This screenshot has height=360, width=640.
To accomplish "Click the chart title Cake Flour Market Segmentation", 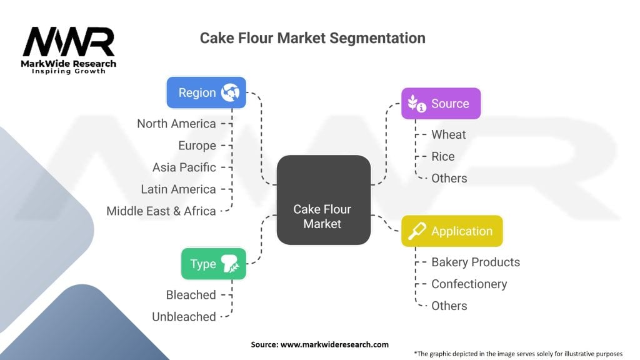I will click(x=312, y=38).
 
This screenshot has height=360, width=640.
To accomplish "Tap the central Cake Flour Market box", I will click(x=323, y=199).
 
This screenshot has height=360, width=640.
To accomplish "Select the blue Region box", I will click(x=206, y=92).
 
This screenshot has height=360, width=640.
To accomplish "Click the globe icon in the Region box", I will click(x=231, y=92).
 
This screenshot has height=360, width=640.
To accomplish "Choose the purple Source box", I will click(x=441, y=104).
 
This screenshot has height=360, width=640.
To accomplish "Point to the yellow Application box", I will click(x=451, y=231).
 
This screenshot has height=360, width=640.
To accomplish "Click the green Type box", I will click(x=213, y=264).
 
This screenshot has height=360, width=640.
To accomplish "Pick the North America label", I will click(x=176, y=124).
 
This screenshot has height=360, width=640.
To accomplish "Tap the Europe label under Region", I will click(x=197, y=146).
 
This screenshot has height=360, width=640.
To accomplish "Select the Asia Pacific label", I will click(x=184, y=167).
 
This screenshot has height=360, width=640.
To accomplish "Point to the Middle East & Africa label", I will click(x=161, y=211).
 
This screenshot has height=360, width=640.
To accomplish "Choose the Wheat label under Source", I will click(x=448, y=134).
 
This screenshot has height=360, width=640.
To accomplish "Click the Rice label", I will click(x=442, y=156).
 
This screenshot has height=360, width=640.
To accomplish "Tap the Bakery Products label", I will click(x=475, y=262).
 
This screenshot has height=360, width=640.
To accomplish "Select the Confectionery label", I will click(x=469, y=284).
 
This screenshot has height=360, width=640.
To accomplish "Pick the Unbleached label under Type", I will click(x=184, y=317).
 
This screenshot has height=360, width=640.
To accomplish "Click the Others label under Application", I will click(x=449, y=306).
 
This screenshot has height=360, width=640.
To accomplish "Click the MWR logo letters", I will click(x=69, y=42).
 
